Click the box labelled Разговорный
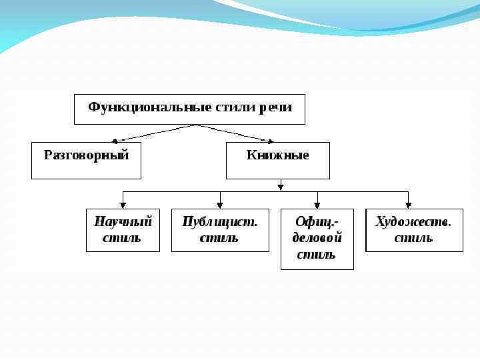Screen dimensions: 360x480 [86, 160]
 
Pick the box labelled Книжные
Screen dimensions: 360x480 [277, 160]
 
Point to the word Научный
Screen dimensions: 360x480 [123, 222]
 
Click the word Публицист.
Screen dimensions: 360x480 [220, 222]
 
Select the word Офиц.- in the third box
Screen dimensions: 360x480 [317, 222]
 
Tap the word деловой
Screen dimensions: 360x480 [317, 238]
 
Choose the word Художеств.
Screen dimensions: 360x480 [414, 222]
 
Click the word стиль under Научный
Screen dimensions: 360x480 [123, 238]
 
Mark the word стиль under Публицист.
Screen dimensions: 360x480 [219, 238]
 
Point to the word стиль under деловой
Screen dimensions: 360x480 [317, 254]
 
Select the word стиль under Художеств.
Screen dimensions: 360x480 [413, 238]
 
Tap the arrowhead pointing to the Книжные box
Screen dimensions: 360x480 [270, 141]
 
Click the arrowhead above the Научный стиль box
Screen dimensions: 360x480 [123, 205]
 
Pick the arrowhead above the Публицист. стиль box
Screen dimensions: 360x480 [220, 205]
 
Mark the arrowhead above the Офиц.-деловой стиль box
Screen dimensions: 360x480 [317, 205]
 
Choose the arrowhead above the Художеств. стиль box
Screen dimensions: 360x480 [408, 205]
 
